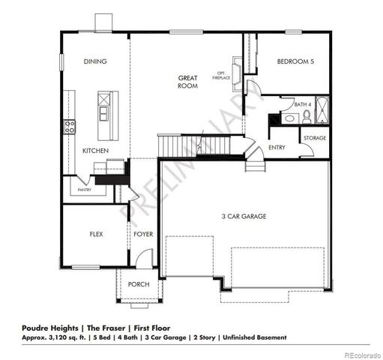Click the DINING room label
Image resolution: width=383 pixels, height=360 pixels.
[x=94, y=61]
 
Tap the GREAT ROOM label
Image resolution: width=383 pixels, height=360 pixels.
[x=187, y=82]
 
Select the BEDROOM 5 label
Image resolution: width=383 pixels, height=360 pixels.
[x=295, y=61]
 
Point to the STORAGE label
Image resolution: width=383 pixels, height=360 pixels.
[x=314, y=138]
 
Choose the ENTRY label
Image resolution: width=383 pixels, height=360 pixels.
[x=277, y=148]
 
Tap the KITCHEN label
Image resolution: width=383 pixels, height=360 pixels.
[x=95, y=151]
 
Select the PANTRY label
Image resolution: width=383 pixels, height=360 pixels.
[x=85, y=190]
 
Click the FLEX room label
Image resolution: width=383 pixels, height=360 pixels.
[x=96, y=234]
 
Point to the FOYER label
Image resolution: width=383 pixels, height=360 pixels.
[x=143, y=234]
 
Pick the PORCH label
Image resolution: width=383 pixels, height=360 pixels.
[x=138, y=284]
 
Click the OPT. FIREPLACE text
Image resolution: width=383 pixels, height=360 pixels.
[x=223, y=75]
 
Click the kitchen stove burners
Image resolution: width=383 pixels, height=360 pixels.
[x=70, y=126]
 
